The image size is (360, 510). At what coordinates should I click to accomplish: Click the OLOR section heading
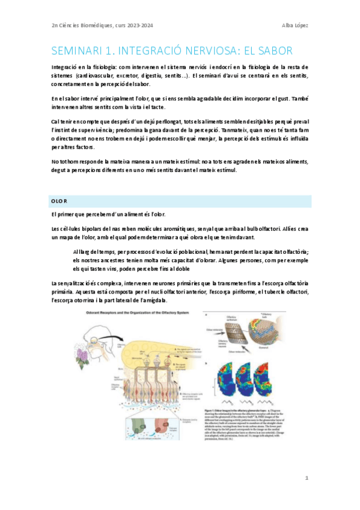coord(59,200)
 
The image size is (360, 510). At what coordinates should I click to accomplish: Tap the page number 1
coord(307,478)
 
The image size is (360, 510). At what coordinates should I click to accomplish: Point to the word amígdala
coord(154,300)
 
